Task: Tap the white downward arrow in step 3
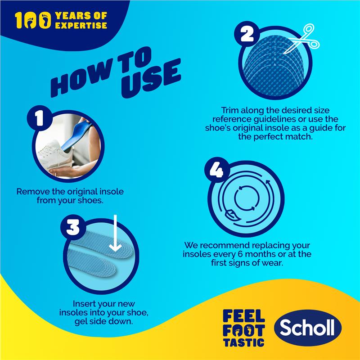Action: [x=115, y=234]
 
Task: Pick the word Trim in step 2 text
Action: [x=231, y=110]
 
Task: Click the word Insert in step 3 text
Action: [x=83, y=304]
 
